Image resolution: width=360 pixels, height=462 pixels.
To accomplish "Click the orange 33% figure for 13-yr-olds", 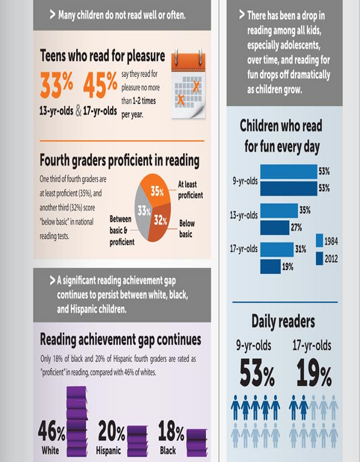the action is pos(56,85).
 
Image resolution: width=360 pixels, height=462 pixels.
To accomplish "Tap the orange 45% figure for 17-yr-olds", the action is pos(100,85).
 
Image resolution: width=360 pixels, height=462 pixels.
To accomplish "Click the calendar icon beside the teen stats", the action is pos(188,84).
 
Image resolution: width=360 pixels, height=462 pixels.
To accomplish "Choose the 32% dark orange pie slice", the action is pos(161,222).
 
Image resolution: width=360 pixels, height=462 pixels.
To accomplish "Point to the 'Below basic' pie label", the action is pos(187,228).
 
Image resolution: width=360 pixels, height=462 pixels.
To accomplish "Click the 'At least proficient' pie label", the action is pos(190,190).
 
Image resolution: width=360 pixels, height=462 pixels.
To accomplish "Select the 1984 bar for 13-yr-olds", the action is pos(279,210).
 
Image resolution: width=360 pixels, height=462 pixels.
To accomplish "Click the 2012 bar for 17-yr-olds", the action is pos(270,266).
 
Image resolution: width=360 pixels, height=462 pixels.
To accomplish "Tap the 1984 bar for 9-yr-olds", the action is pos(288,172).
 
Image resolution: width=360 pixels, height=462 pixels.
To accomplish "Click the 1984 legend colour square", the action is pos(320,240).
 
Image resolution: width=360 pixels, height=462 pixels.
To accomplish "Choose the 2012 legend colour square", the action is pos(320,258).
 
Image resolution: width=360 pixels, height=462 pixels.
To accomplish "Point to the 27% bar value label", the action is pos(297,228).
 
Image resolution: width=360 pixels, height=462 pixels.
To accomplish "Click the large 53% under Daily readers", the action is pos(257,373).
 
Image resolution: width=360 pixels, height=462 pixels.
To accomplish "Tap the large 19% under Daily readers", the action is pos(314,373).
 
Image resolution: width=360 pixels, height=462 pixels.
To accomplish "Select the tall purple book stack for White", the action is pos(77,422).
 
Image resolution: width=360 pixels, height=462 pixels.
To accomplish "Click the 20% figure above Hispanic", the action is pos(111,431).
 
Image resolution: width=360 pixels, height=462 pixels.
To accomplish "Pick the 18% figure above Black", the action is pos(171,431).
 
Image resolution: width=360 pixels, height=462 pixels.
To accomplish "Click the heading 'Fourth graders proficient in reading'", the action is pos(120,160).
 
